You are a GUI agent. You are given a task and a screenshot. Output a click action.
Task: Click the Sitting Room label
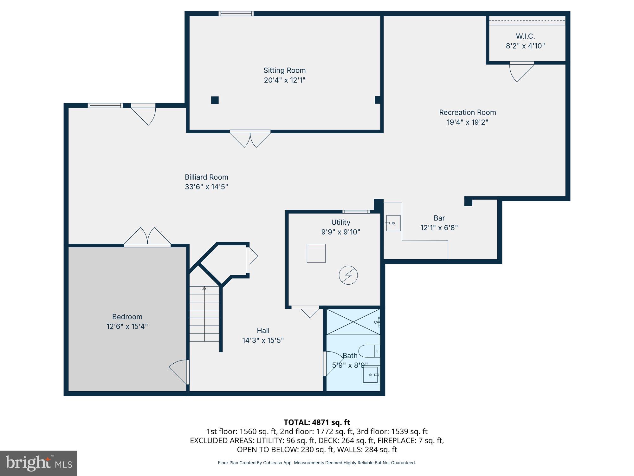pos(284,70)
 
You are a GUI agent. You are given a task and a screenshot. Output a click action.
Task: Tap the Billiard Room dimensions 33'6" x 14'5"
pos(206,187)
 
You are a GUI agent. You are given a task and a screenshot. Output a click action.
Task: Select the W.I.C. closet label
pos(525,36)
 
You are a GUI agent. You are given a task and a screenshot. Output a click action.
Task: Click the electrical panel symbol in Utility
pos(348,275)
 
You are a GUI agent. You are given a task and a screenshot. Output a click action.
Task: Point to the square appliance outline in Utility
pos(316,253)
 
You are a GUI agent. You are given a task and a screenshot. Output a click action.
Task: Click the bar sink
pos(393,223)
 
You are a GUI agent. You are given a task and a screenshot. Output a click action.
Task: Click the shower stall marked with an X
pos(353,322)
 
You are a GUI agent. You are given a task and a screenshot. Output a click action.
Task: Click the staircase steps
pos(204,314)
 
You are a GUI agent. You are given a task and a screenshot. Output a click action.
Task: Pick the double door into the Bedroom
pos(147,236)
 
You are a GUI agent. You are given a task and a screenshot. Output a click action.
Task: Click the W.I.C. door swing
pos(520,71)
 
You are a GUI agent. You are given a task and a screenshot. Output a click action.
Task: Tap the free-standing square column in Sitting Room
pos(215,100)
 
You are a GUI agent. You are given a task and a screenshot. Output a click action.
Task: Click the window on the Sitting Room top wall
pos(236,13)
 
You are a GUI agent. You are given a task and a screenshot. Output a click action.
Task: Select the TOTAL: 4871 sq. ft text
pos(317,422)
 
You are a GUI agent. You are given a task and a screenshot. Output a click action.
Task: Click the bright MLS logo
pos(39,463)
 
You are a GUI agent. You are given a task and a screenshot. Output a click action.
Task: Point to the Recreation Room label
pos(467,112)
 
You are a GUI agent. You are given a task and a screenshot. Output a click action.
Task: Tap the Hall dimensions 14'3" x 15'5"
pos(263,340)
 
